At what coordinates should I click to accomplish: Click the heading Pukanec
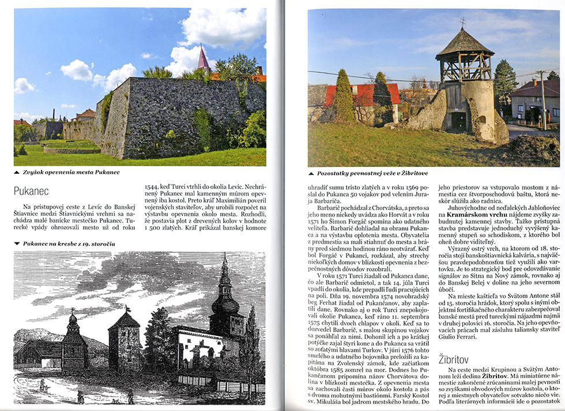31,190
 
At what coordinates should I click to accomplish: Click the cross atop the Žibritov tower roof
462,23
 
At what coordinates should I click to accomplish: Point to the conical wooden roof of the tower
464,43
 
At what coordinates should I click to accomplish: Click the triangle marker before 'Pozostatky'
311,173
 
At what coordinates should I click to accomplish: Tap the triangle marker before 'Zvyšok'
17,172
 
